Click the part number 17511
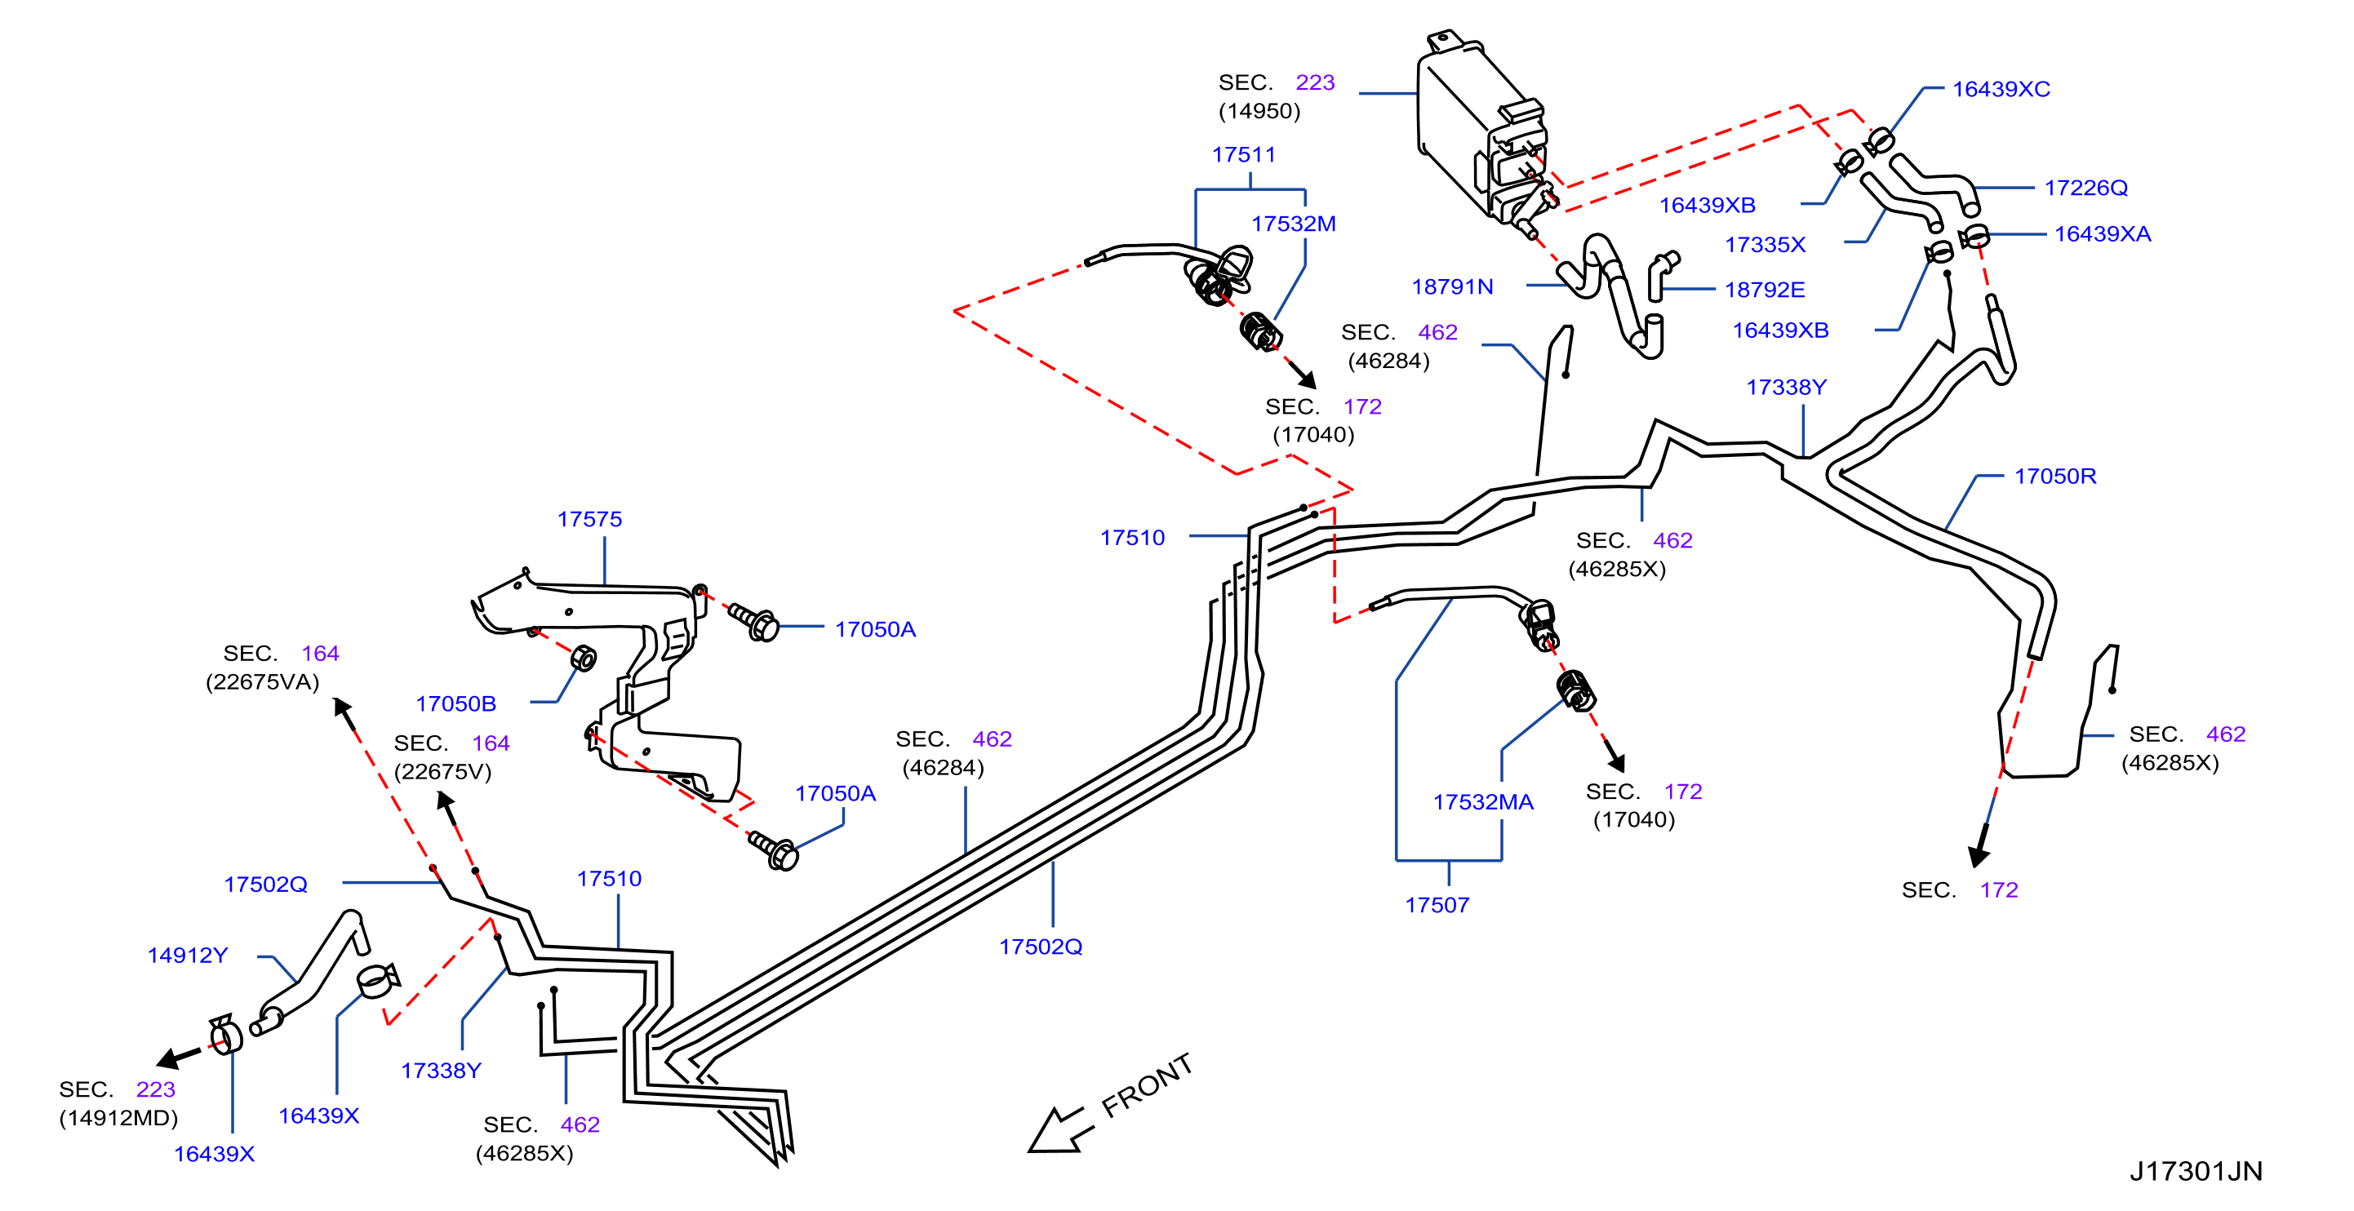tap(1243, 154)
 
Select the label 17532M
tap(1293, 224)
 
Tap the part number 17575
tap(589, 519)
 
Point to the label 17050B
tap(456, 703)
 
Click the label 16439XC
tap(2001, 89)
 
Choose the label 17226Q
tap(2086, 187)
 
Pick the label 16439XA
tap(2103, 234)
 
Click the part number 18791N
tap(1452, 286)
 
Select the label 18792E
tap(1765, 290)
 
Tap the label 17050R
tap(2055, 476)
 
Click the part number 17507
tap(1437, 905)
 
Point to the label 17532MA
tap(1483, 802)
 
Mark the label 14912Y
tap(188, 956)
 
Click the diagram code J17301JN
tap(2196, 1171)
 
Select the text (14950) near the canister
tap(1259, 110)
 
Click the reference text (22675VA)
tap(262, 682)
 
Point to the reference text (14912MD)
tap(119, 1118)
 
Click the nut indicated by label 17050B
tap(583, 658)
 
